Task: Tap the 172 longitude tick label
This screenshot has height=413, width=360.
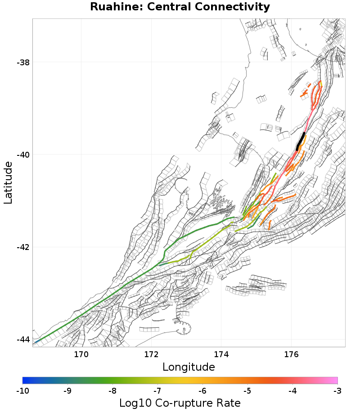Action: tap(151, 354)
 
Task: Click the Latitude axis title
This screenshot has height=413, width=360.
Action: tap(8, 183)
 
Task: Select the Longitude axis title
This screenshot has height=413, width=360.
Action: tap(189, 367)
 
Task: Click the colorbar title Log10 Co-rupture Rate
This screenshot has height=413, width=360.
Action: tap(180, 403)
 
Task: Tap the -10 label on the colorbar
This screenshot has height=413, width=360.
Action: tap(22, 390)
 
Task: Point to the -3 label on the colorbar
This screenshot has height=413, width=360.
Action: tap(337, 390)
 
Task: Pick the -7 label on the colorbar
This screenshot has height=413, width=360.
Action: tap(157, 390)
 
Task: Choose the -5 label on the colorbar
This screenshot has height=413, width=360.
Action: tap(247, 390)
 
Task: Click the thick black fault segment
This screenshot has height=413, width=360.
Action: tap(301, 141)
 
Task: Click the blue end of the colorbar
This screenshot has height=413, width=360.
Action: tap(25, 380)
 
